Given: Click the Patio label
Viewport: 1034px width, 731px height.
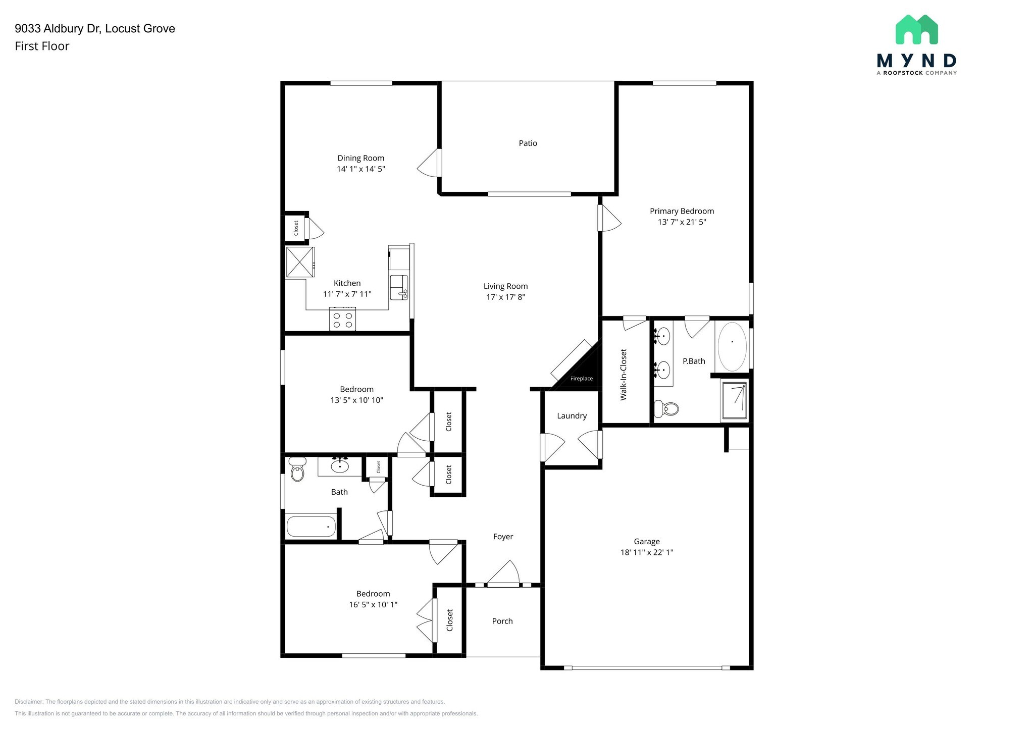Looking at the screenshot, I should pyautogui.click(x=528, y=143).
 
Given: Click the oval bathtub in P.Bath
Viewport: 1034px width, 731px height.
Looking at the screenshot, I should pyautogui.click(x=732, y=346).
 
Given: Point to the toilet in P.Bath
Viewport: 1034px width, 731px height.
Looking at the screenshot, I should pyautogui.click(x=666, y=408).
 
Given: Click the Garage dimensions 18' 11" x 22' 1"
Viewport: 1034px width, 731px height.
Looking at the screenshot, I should pyautogui.click(x=646, y=552).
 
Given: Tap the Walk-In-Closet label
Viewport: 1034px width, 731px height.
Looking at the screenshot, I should pyautogui.click(x=624, y=375).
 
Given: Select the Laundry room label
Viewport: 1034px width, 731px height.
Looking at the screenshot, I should pyautogui.click(x=572, y=416).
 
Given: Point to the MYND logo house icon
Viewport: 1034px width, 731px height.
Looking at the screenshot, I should pyautogui.click(x=916, y=30).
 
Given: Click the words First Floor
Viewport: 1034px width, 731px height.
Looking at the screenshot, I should pyautogui.click(x=42, y=46).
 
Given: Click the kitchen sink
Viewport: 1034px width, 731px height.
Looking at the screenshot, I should pyautogui.click(x=398, y=288).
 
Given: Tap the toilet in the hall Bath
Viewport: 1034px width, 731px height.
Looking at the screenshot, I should pyautogui.click(x=297, y=469).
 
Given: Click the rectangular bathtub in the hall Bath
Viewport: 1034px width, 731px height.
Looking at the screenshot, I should pyautogui.click(x=312, y=527).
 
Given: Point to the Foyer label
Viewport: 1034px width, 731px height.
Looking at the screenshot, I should pyautogui.click(x=503, y=537).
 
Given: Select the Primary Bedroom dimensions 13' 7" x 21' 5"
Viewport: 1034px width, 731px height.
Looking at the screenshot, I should pyautogui.click(x=682, y=222).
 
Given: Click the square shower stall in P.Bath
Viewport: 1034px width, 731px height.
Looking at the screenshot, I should pyautogui.click(x=735, y=401).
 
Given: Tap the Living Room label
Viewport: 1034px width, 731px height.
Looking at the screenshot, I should pyautogui.click(x=505, y=286).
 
